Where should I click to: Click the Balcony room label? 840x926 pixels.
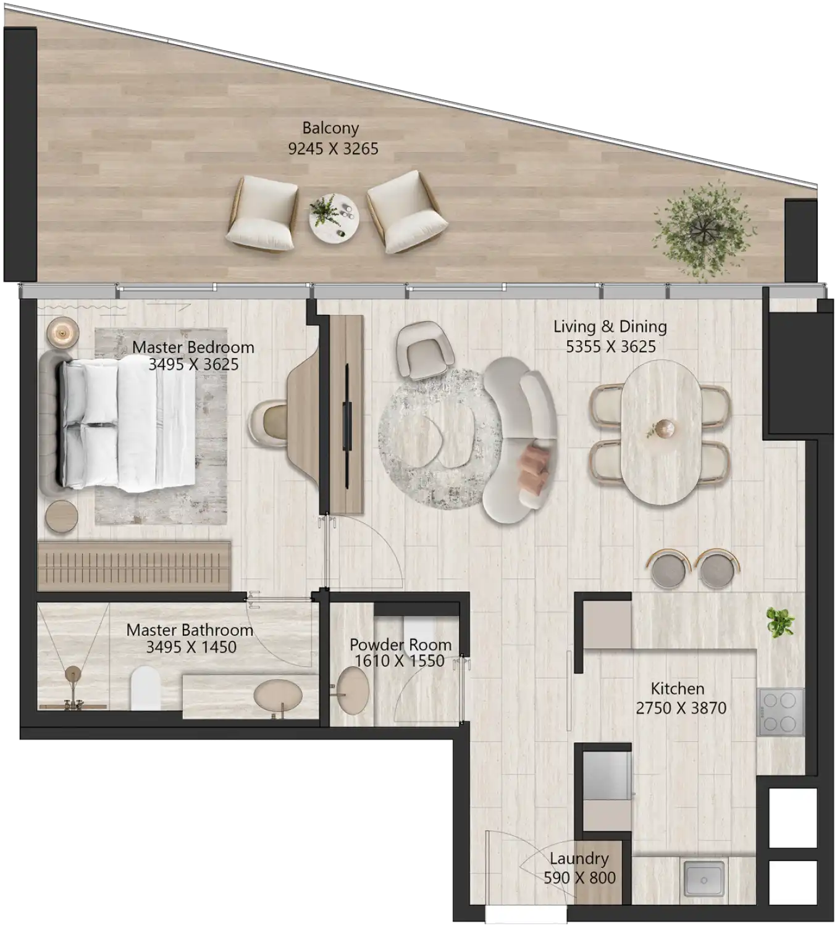pos(330,128)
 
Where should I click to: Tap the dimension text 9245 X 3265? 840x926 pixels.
pos(333,149)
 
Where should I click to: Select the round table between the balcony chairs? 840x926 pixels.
pos(334,215)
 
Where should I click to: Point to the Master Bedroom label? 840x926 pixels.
pos(193,347)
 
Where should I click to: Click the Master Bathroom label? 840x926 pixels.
pos(190,630)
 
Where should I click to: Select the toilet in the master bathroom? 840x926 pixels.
pos(146,688)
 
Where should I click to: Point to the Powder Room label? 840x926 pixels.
pos(400,644)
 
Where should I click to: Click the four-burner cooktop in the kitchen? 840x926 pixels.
pos(781,711)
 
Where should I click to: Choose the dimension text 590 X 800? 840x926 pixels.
pos(579,877)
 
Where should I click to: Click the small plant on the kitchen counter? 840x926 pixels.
pos(780,622)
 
